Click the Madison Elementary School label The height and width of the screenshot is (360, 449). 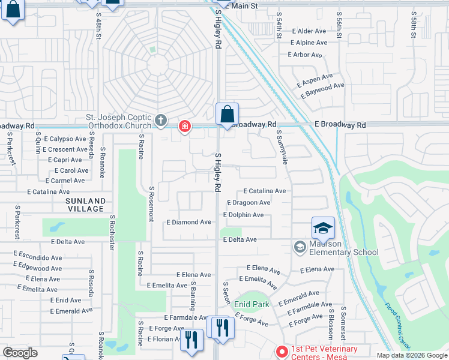pyautogui.click(x=343, y=247)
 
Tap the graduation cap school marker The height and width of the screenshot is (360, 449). pyautogui.click(x=323, y=229)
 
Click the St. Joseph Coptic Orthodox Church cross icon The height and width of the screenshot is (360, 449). pyautogui.click(x=160, y=121)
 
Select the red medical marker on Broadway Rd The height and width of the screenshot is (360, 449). pyautogui.click(x=185, y=126)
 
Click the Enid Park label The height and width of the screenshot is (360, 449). pyautogui.click(x=252, y=304)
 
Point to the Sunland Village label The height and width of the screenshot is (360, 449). pyautogui.click(x=86, y=205)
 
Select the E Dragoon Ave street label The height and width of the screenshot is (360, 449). pyautogui.click(x=247, y=203)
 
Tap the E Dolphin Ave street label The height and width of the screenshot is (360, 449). pyautogui.click(x=243, y=215)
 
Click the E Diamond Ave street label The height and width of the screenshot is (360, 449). pyautogui.click(x=188, y=222)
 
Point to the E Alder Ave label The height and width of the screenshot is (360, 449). pyautogui.click(x=308, y=31)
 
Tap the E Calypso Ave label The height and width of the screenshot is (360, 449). pyautogui.click(x=64, y=139)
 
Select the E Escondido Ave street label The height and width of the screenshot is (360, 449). pyautogui.click(x=37, y=257)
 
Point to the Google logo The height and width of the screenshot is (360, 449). pyautogui.click(x=20, y=353)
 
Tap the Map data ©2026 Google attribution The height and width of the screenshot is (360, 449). pyautogui.click(x=411, y=355)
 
